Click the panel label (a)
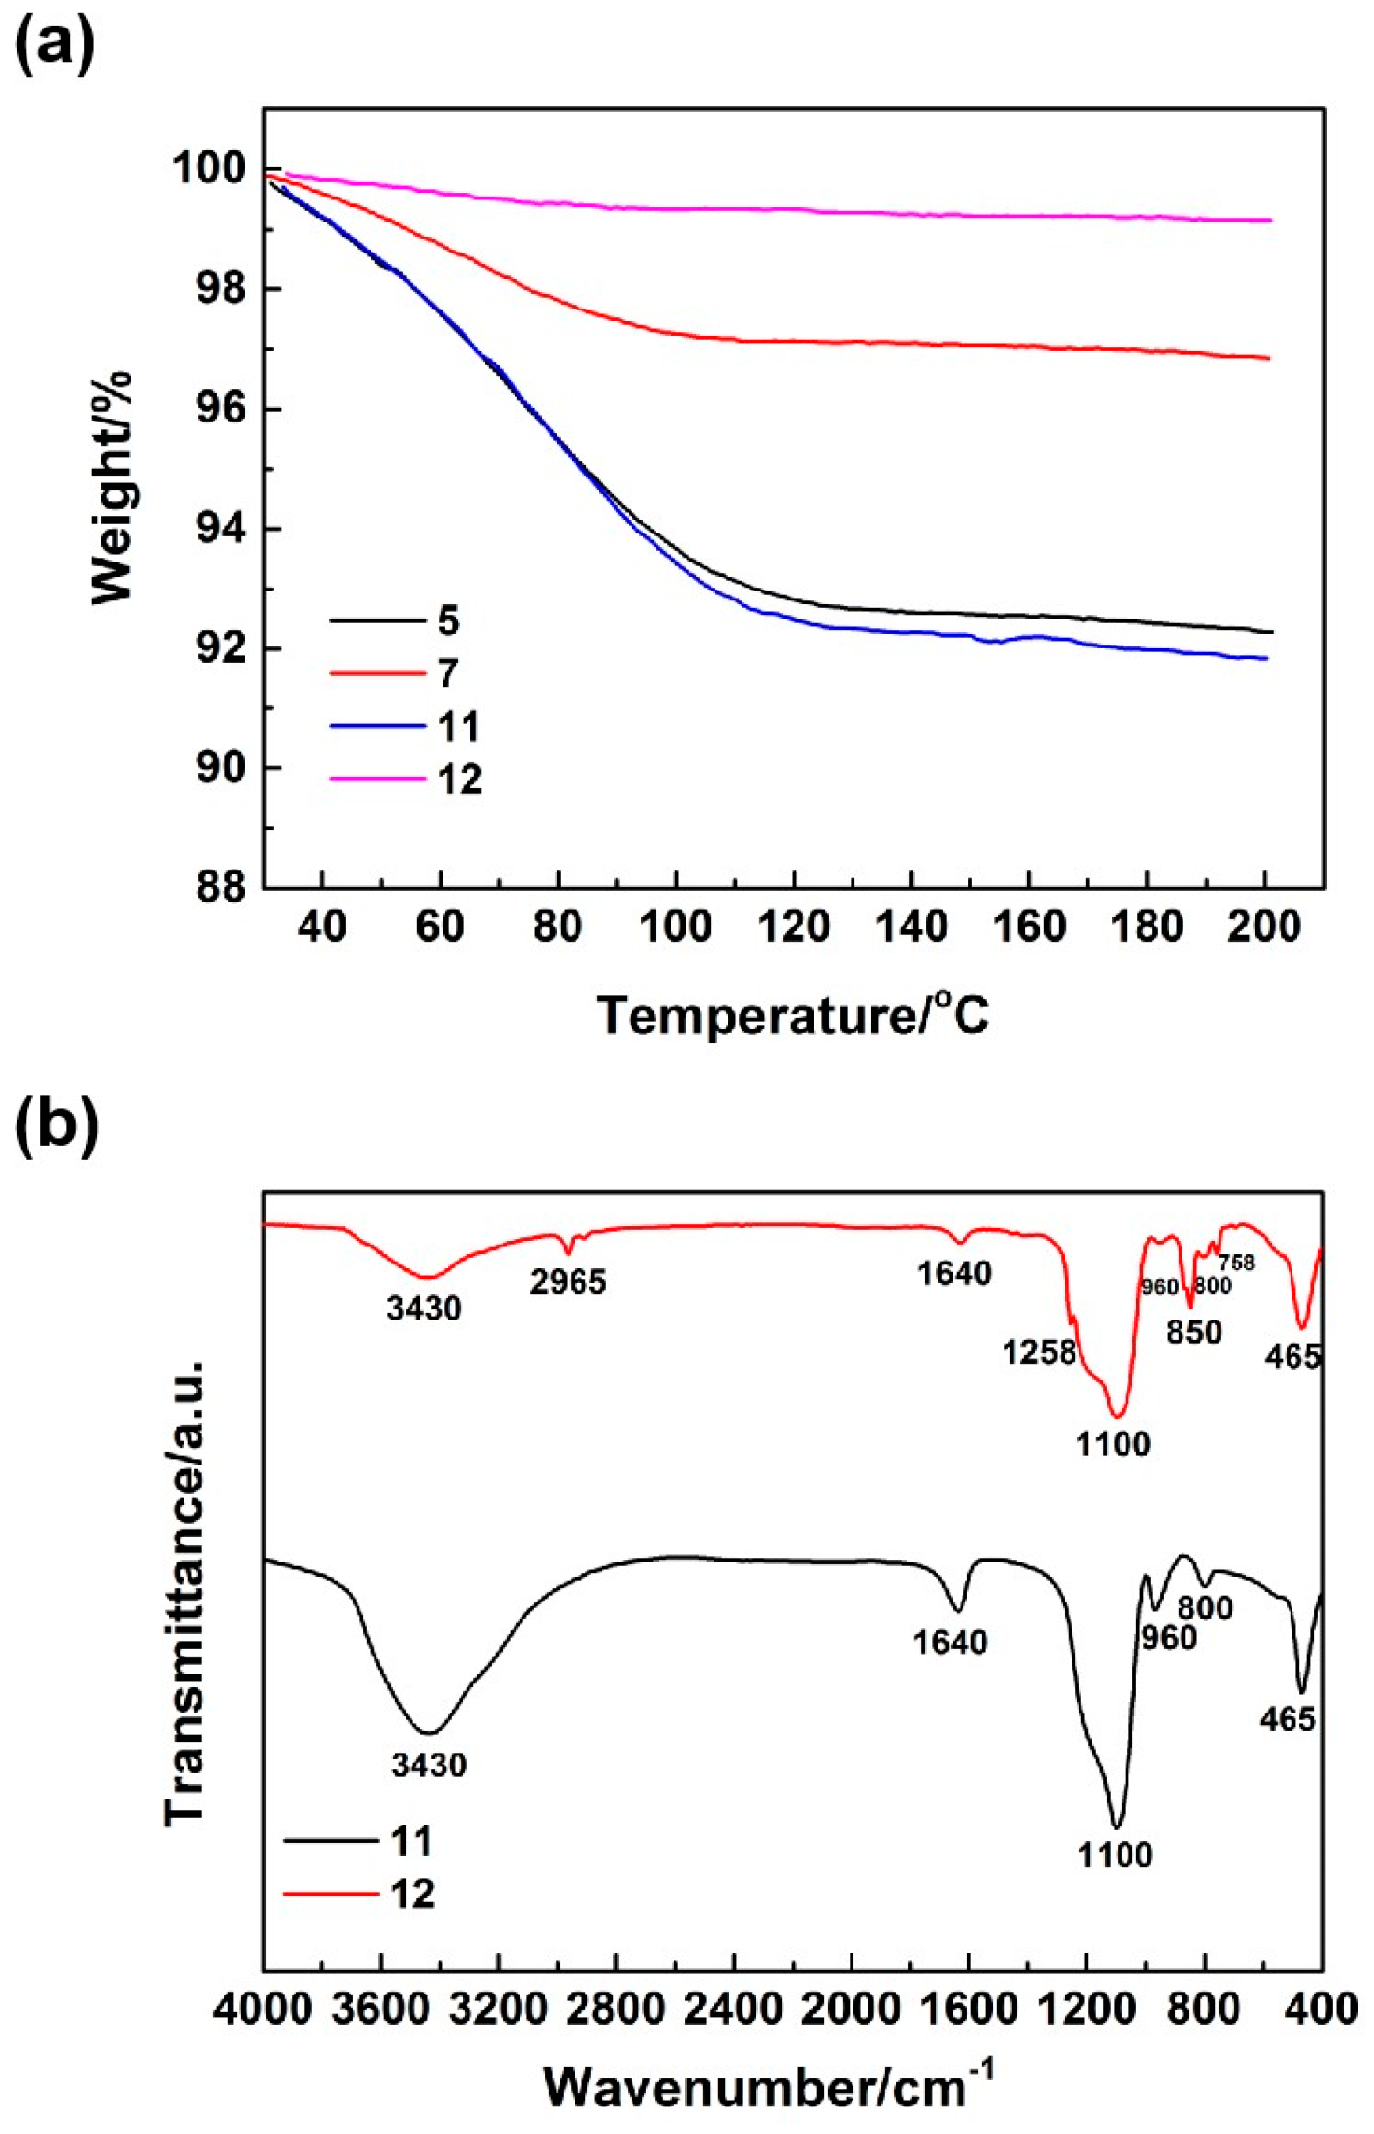(x=55, y=43)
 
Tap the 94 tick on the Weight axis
(x=220, y=530)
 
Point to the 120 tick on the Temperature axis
(x=794, y=927)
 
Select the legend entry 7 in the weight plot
(x=448, y=674)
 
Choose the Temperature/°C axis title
(x=794, y=1015)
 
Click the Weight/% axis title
(x=112, y=489)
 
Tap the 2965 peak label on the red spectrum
(x=568, y=1282)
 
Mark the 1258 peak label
(x=1039, y=1353)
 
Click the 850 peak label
(x=1193, y=1333)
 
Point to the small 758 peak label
(x=1236, y=1263)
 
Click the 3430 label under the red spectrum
(x=423, y=1309)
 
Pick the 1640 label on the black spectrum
(x=950, y=1642)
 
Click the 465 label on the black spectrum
(x=1288, y=1719)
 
